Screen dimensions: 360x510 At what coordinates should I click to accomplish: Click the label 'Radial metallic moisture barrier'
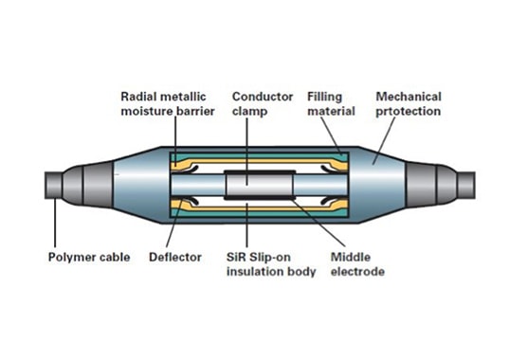(166, 103)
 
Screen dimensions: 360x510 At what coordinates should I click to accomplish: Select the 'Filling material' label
(330, 103)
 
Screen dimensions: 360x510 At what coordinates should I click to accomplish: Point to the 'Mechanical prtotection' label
(413, 103)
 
